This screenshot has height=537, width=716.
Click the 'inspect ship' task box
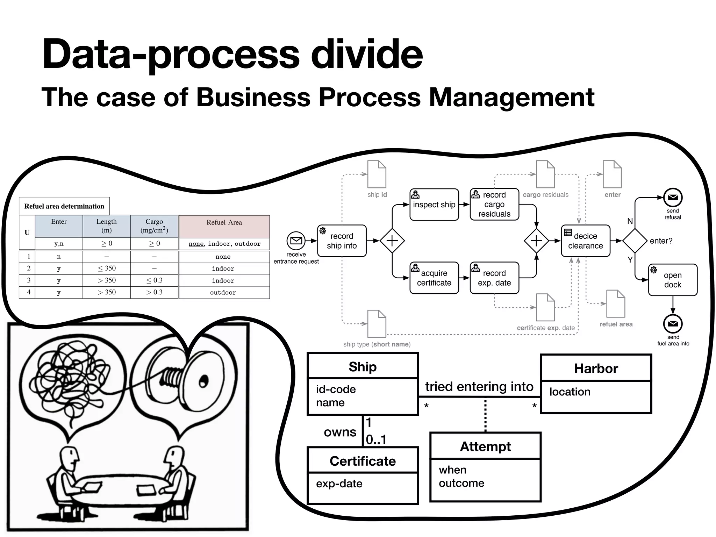click(434, 205)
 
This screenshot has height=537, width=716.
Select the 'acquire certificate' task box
click(434, 278)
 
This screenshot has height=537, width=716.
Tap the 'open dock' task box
click(672, 280)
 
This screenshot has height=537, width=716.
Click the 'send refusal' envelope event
click(673, 198)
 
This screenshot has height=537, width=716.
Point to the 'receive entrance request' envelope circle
click(296, 241)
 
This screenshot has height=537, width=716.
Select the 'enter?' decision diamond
click(635, 241)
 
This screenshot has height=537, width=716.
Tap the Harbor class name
click(596, 368)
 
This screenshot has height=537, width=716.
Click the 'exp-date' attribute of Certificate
click(339, 484)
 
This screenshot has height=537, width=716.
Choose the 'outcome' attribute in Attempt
click(461, 483)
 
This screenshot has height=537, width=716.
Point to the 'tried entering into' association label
click(479, 387)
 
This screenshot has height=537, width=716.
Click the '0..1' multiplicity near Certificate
click(376, 439)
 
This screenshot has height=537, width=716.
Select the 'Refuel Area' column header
click(224, 223)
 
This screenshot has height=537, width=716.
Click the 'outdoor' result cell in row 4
click(223, 293)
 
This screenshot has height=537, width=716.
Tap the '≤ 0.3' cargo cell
click(154, 280)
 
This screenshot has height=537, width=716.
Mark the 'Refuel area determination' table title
click(64, 206)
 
